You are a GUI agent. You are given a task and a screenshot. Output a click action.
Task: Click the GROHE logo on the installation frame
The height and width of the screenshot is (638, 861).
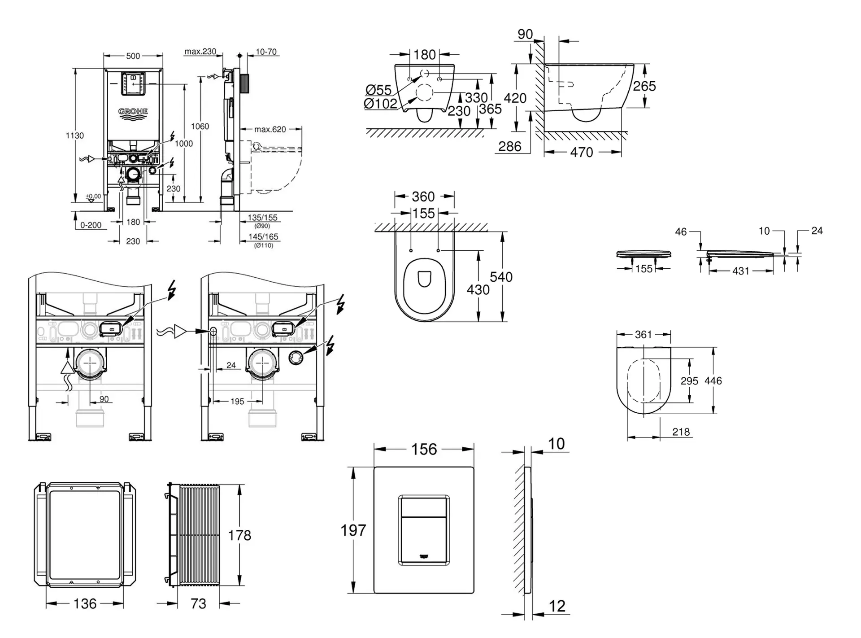(133, 114)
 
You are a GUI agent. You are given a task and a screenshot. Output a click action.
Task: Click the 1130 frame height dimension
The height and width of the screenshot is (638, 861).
(74, 135)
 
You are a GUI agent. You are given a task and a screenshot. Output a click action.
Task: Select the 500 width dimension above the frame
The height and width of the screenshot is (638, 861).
(133, 56)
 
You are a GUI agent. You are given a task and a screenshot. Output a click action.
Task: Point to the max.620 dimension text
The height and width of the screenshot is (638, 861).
(270, 129)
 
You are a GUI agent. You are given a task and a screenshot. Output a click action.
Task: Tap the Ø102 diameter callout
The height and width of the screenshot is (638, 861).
(380, 104)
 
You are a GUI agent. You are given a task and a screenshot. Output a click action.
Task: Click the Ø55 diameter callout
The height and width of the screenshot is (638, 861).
(378, 90)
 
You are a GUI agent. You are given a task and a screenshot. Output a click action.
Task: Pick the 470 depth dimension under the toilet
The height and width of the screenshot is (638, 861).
(582, 153)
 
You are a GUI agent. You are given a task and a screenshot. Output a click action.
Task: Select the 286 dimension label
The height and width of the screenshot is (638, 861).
(510, 146)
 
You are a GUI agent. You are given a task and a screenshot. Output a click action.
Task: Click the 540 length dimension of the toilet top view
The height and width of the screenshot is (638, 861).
(501, 277)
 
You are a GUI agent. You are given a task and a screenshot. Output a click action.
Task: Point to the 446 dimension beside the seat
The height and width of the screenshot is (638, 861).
(713, 381)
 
